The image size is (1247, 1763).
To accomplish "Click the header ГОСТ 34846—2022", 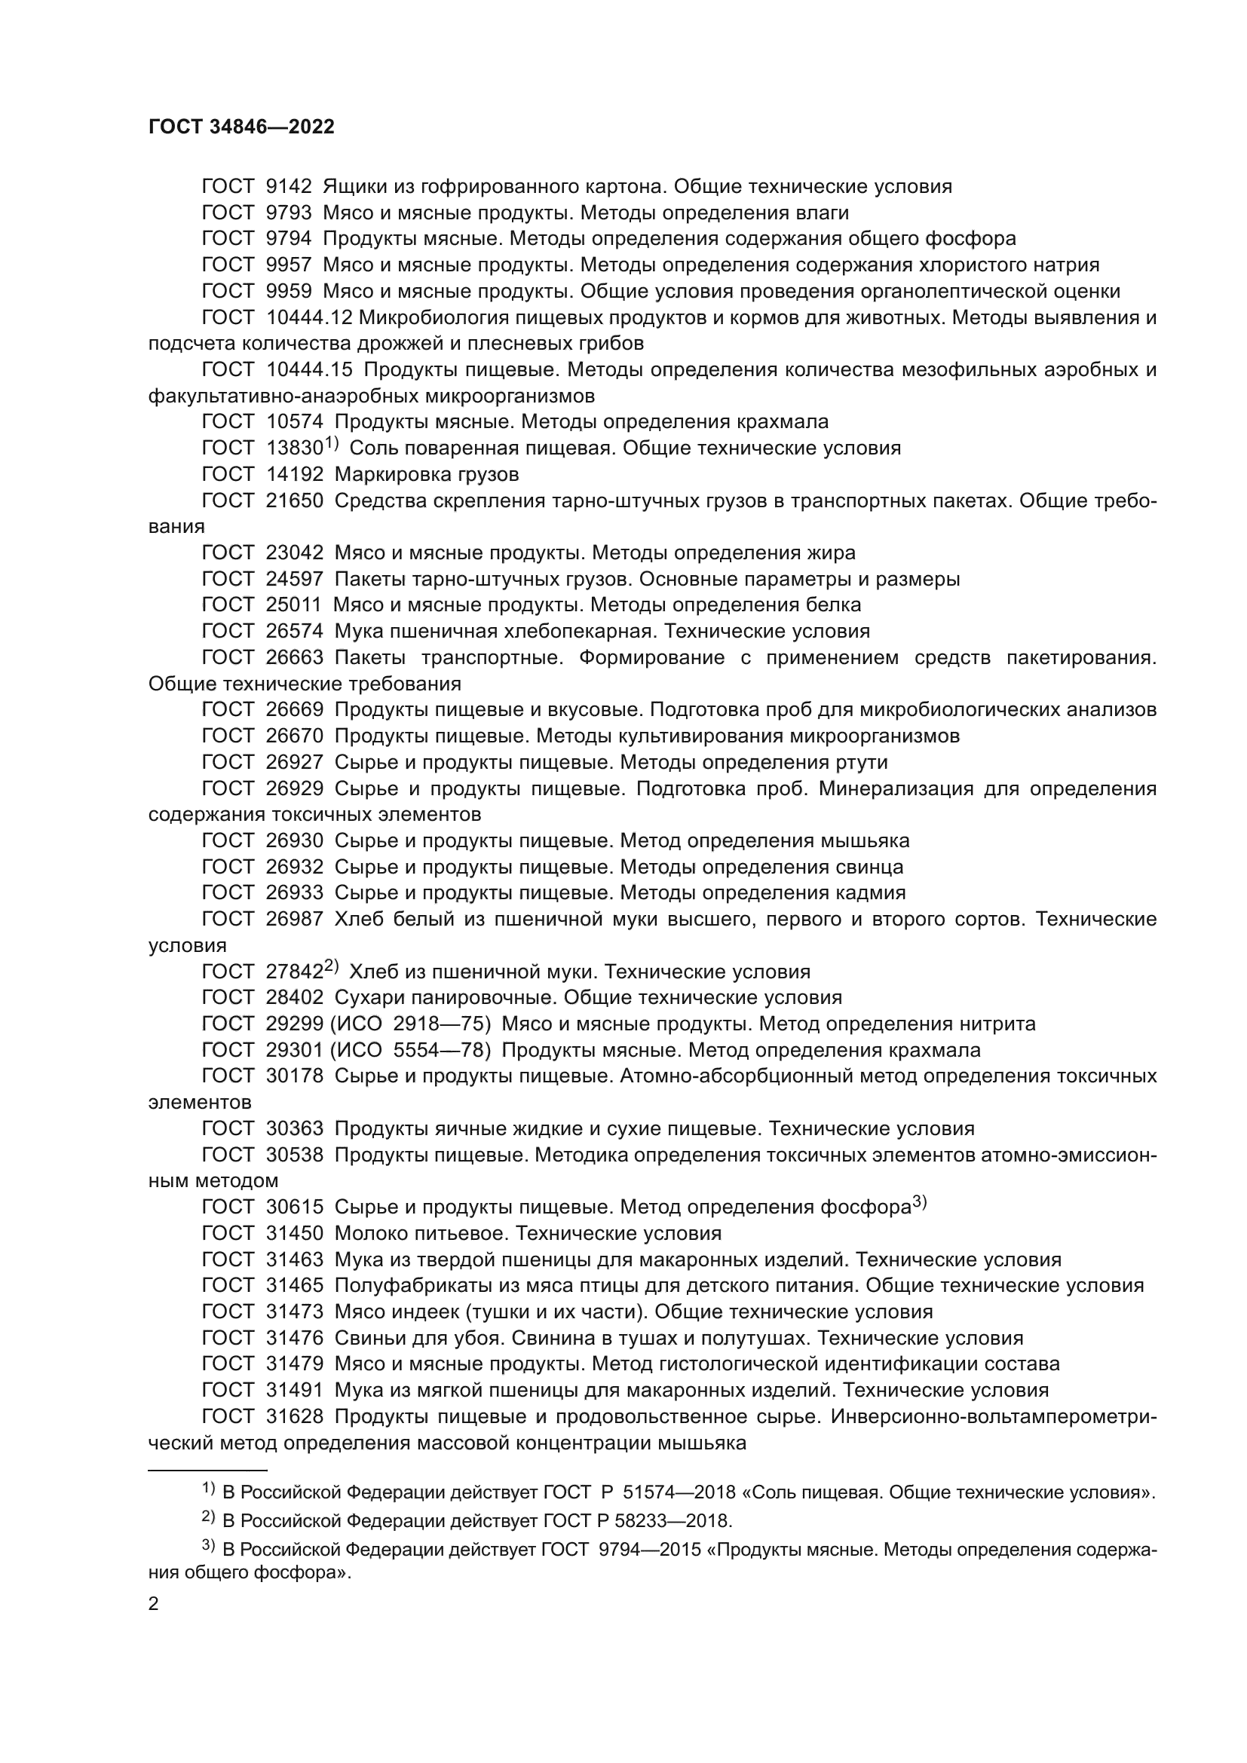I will click(x=241, y=127).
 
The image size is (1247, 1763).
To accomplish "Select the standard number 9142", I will click(x=289, y=187).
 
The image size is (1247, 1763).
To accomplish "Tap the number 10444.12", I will click(x=309, y=317).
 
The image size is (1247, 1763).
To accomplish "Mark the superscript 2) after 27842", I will click(x=331, y=968).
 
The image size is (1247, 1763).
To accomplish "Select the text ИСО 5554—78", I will click(x=415, y=1051).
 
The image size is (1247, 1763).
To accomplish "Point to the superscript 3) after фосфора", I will click(x=920, y=1203).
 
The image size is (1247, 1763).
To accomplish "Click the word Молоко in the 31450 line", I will click(x=368, y=1234).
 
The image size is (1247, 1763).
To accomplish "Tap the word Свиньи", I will click(x=368, y=1339).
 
